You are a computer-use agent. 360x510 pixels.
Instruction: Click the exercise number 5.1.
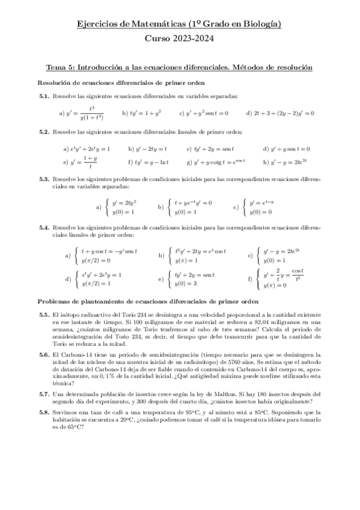point(43,96)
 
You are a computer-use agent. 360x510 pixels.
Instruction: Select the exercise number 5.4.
point(43,229)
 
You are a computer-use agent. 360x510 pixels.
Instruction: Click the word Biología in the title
point(260,24)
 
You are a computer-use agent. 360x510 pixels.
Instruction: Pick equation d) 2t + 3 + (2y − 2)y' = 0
point(280,112)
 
